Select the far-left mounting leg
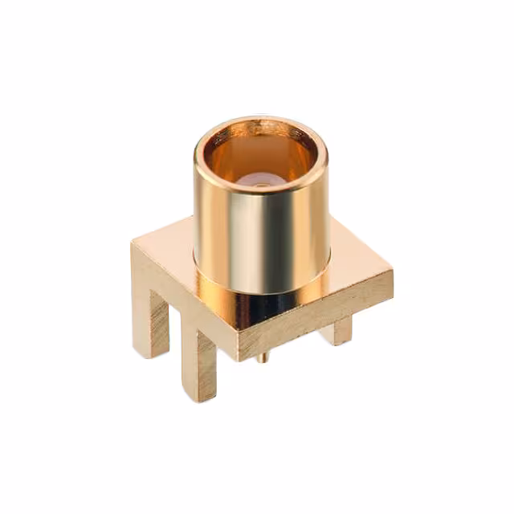click(157, 321)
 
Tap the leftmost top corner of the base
click(133, 242)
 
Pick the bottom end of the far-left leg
click(159, 350)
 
